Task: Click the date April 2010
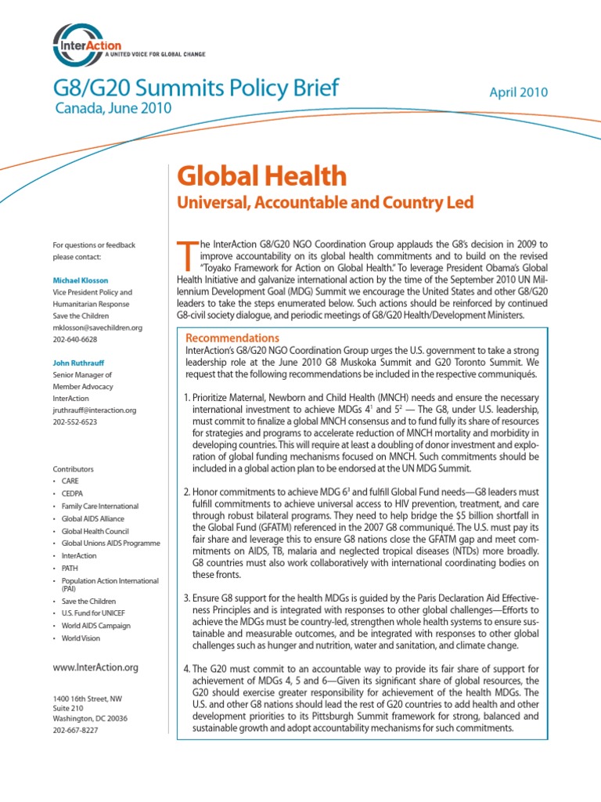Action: (518, 92)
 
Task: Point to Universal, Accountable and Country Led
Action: (327, 204)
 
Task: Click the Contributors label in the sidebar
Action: (74, 468)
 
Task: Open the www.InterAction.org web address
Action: (95, 667)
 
